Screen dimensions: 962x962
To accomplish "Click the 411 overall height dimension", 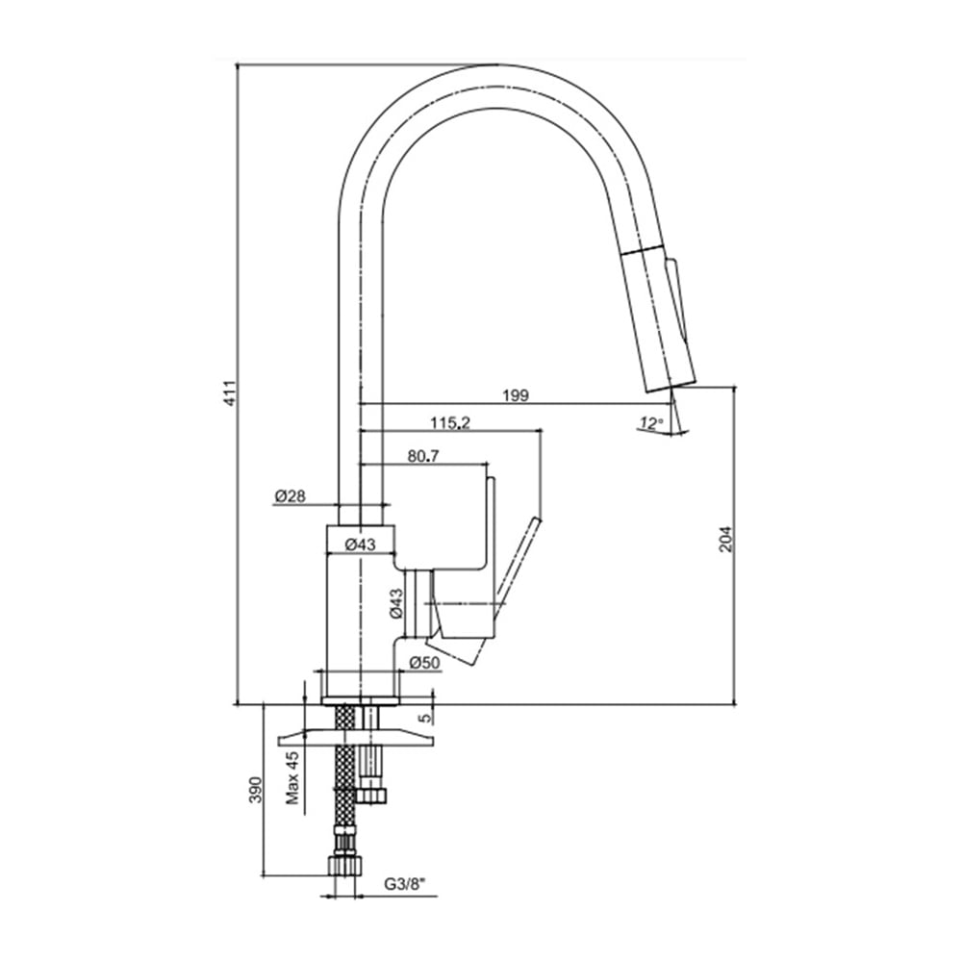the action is tap(230, 392).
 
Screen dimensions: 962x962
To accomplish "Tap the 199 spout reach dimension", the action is tap(516, 395).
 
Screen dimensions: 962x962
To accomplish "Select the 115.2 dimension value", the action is tap(449, 422).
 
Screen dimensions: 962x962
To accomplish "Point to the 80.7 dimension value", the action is tap(423, 456).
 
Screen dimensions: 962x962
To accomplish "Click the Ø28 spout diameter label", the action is tap(291, 495).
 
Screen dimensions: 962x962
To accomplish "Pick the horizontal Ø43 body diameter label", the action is tap(360, 544).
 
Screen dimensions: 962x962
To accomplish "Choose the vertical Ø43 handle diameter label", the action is tap(396, 603).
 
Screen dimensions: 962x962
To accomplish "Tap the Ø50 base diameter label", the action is tap(424, 663).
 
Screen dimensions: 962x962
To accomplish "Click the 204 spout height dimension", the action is tap(726, 539).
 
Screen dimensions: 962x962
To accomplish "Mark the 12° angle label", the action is tap(650, 422).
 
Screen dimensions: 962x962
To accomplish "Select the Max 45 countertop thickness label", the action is tap(292, 777).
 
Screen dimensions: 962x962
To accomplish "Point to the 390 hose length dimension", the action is tap(256, 790).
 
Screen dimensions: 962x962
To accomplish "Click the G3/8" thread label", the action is tap(405, 884).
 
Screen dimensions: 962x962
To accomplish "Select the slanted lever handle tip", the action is tap(537, 520).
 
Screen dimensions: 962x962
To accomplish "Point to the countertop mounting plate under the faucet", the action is tap(357, 737).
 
